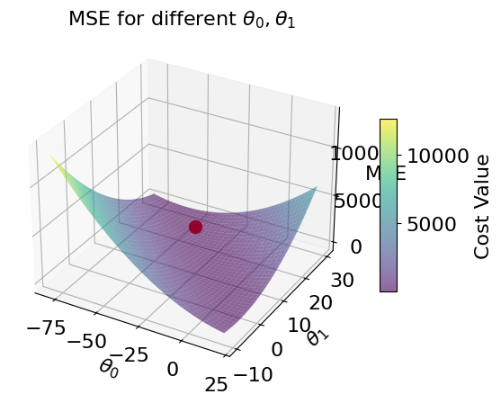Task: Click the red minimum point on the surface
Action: click(195, 227)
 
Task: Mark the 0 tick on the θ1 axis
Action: click(276, 348)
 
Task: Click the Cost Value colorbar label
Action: click(482, 206)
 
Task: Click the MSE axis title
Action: click(386, 172)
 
